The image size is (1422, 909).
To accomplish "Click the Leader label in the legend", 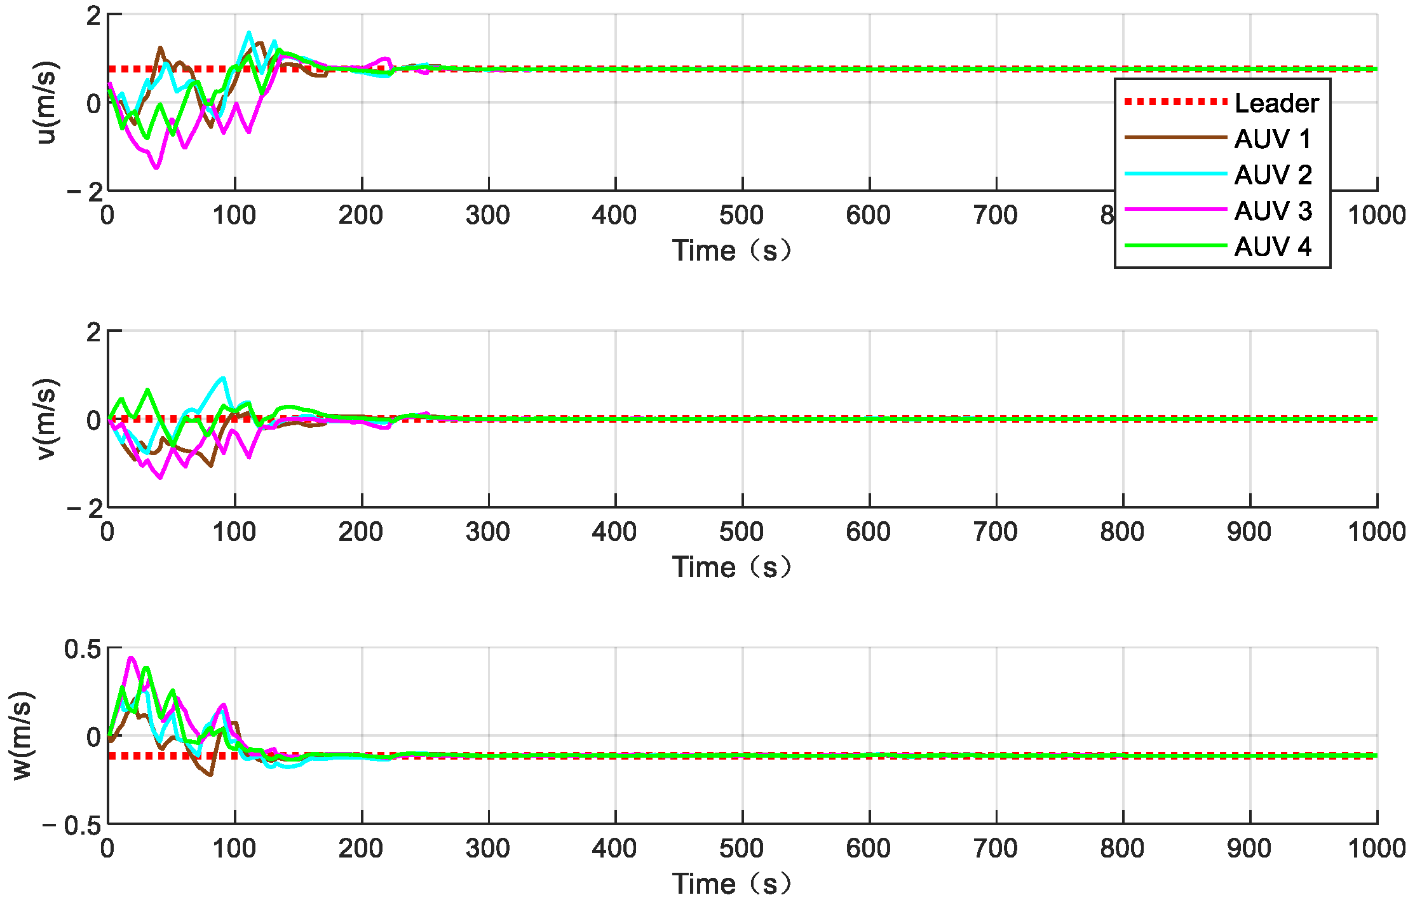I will (1276, 103).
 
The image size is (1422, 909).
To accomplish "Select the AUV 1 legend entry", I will (1272, 139).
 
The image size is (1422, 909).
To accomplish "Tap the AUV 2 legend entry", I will (1272, 175).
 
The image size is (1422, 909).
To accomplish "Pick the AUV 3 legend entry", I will (1272, 210).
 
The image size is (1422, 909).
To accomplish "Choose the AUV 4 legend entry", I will (1272, 247).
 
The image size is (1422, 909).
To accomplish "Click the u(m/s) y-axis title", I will (46, 102).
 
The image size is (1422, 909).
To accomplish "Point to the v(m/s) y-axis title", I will (46, 419).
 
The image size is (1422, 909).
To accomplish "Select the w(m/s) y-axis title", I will (22, 735).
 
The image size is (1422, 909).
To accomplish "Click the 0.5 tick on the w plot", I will (83, 649).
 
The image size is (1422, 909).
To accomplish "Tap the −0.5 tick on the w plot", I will (72, 826).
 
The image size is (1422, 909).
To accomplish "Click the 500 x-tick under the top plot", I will (741, 215).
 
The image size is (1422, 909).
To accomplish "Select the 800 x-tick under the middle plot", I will (1122, 532).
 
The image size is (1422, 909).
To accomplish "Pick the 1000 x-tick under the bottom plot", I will (1376, 849).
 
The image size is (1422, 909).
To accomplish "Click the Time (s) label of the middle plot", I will (732, 567).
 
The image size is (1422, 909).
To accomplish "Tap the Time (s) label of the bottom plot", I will (732, 884).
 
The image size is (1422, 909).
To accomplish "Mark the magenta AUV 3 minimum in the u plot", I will (156, 167).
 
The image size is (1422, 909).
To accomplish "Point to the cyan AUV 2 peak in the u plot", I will (248, 32).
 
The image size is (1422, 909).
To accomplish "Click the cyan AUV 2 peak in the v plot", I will (222, 378).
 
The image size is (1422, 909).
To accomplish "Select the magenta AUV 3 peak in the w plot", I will (131, 659).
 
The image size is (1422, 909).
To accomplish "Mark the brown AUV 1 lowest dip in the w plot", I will (210, 774).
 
